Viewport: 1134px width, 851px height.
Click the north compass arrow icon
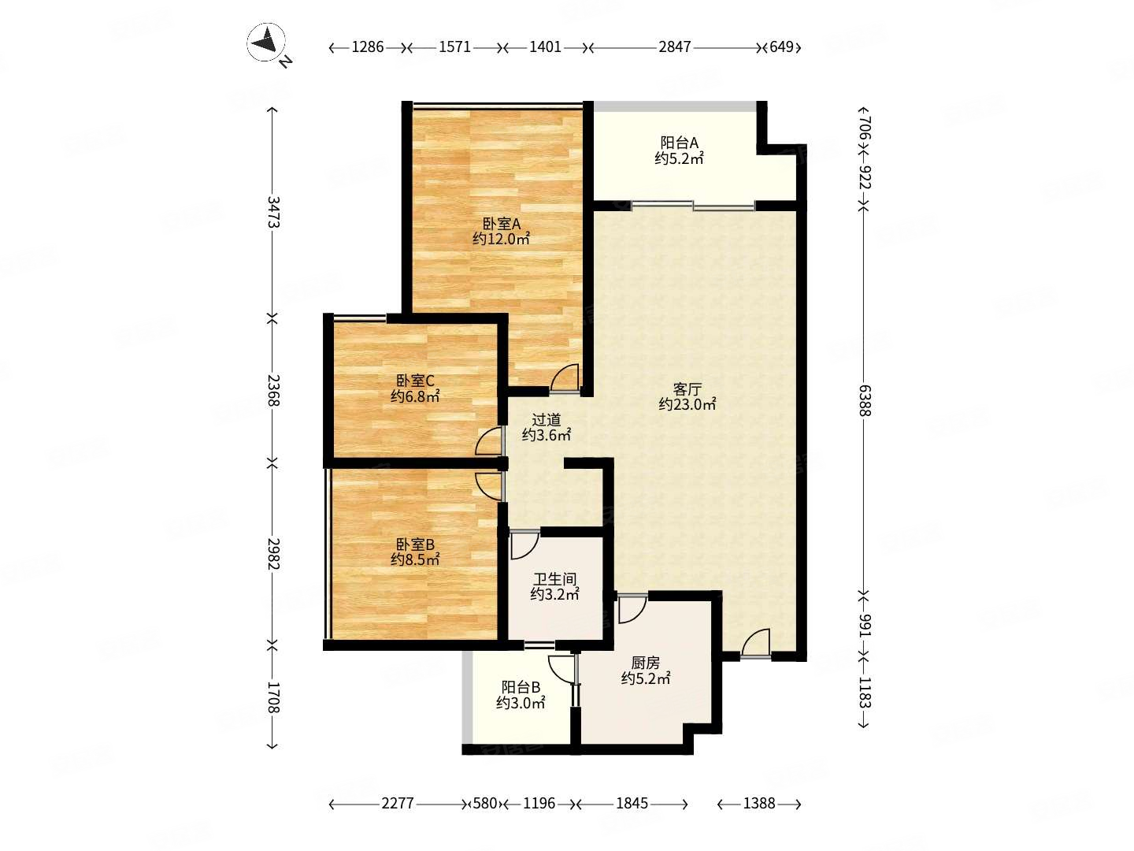[267, 43]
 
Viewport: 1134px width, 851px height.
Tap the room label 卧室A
[501, 224]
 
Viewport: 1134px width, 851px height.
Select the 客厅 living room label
[687, 389]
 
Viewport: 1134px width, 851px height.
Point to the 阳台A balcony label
[680, 143]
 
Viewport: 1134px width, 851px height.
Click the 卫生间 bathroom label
[555, 579]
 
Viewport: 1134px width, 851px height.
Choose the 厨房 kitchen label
[646, 663]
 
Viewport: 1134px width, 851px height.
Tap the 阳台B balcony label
[521, 687]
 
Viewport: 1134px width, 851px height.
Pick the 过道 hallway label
[546, 419]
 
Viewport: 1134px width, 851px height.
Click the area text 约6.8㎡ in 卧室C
[415, 397]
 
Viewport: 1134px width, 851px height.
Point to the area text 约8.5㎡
[415, 559]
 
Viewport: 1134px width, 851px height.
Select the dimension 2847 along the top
[674, 47]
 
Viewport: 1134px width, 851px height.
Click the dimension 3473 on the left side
[273, 212]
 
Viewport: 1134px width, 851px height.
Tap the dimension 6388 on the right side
[865, 400]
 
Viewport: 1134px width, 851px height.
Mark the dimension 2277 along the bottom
[398, 804]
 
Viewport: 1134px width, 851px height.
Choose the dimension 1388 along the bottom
[759, 804]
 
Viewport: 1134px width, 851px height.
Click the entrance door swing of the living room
[755, 643]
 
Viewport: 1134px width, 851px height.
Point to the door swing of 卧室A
[564, 377]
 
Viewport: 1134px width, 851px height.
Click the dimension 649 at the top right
[781, 47]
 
